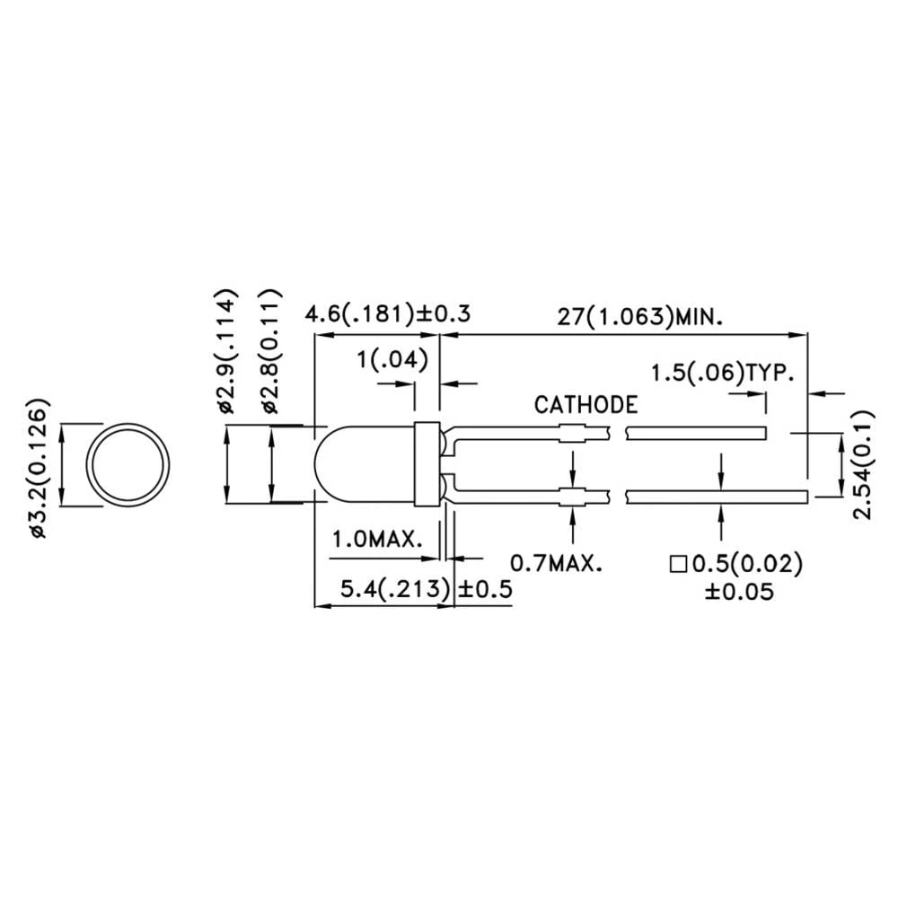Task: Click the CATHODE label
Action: pyautogui.click(x=585, y=405)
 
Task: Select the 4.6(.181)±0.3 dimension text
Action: pyautogui.click(x=388, y=315)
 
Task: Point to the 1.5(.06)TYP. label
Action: pyautogui.click(x=723, y=374)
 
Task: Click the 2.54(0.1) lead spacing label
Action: pyautogui.click(x=864, y=463)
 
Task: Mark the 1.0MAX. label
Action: pyautogui.click(x=378, y=541)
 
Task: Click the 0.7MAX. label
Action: pyautogui.click(x=556, y=563)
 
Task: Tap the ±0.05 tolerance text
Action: pyautogui.click(x=735, y=592)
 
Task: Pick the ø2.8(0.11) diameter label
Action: pyautogui.click(x=273, y=351)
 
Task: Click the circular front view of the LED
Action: pyautogui.click(x=128, y=465)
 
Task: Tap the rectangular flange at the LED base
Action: pyautogui.click(x=427, y=464)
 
